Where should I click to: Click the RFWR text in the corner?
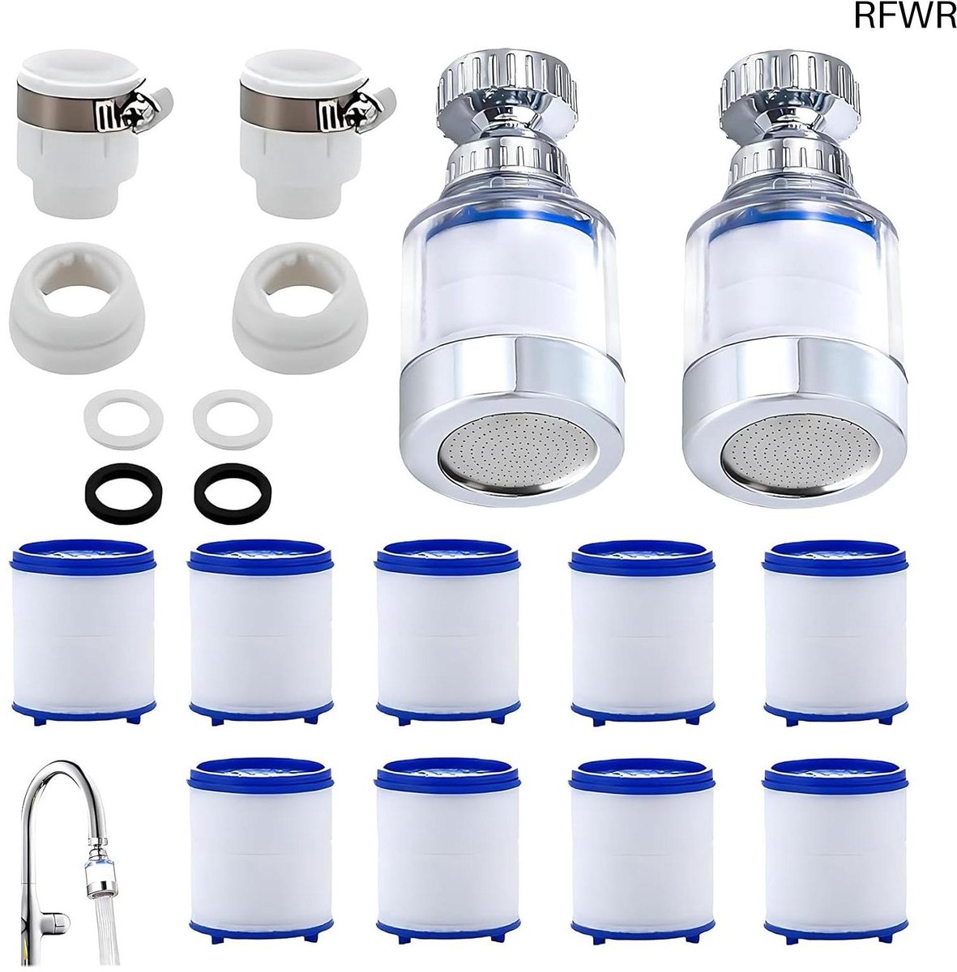point(905,16)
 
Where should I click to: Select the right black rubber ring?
point(233,492)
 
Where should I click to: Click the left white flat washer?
point(123,419)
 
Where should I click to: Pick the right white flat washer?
point(233,418)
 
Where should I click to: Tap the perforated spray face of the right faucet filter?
point(797,450)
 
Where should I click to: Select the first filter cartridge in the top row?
point(83,631)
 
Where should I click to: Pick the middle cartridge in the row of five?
point(447,632)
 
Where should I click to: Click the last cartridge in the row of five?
point(835,632)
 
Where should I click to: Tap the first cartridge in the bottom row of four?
point(260,850)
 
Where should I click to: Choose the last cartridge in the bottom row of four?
point(835,850)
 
